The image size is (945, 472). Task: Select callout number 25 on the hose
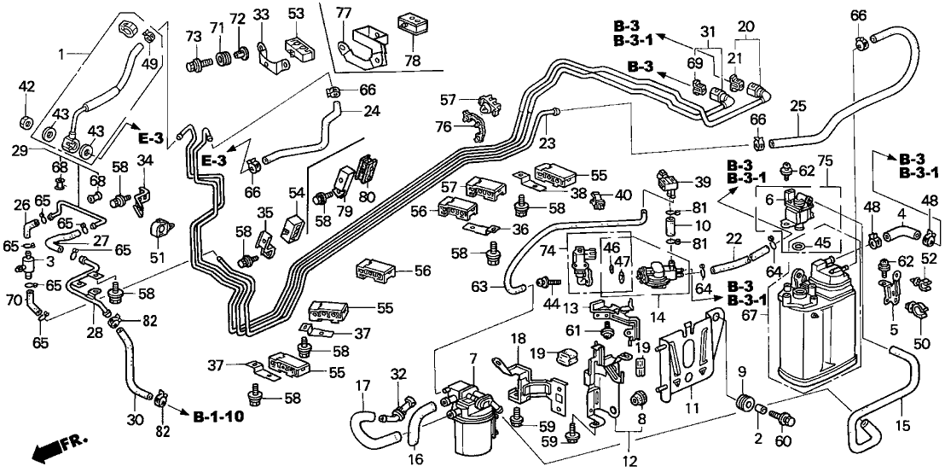tap(798, 108)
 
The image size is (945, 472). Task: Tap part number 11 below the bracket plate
tap(692, 410)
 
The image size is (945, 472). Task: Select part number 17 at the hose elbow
tap(362, 385)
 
